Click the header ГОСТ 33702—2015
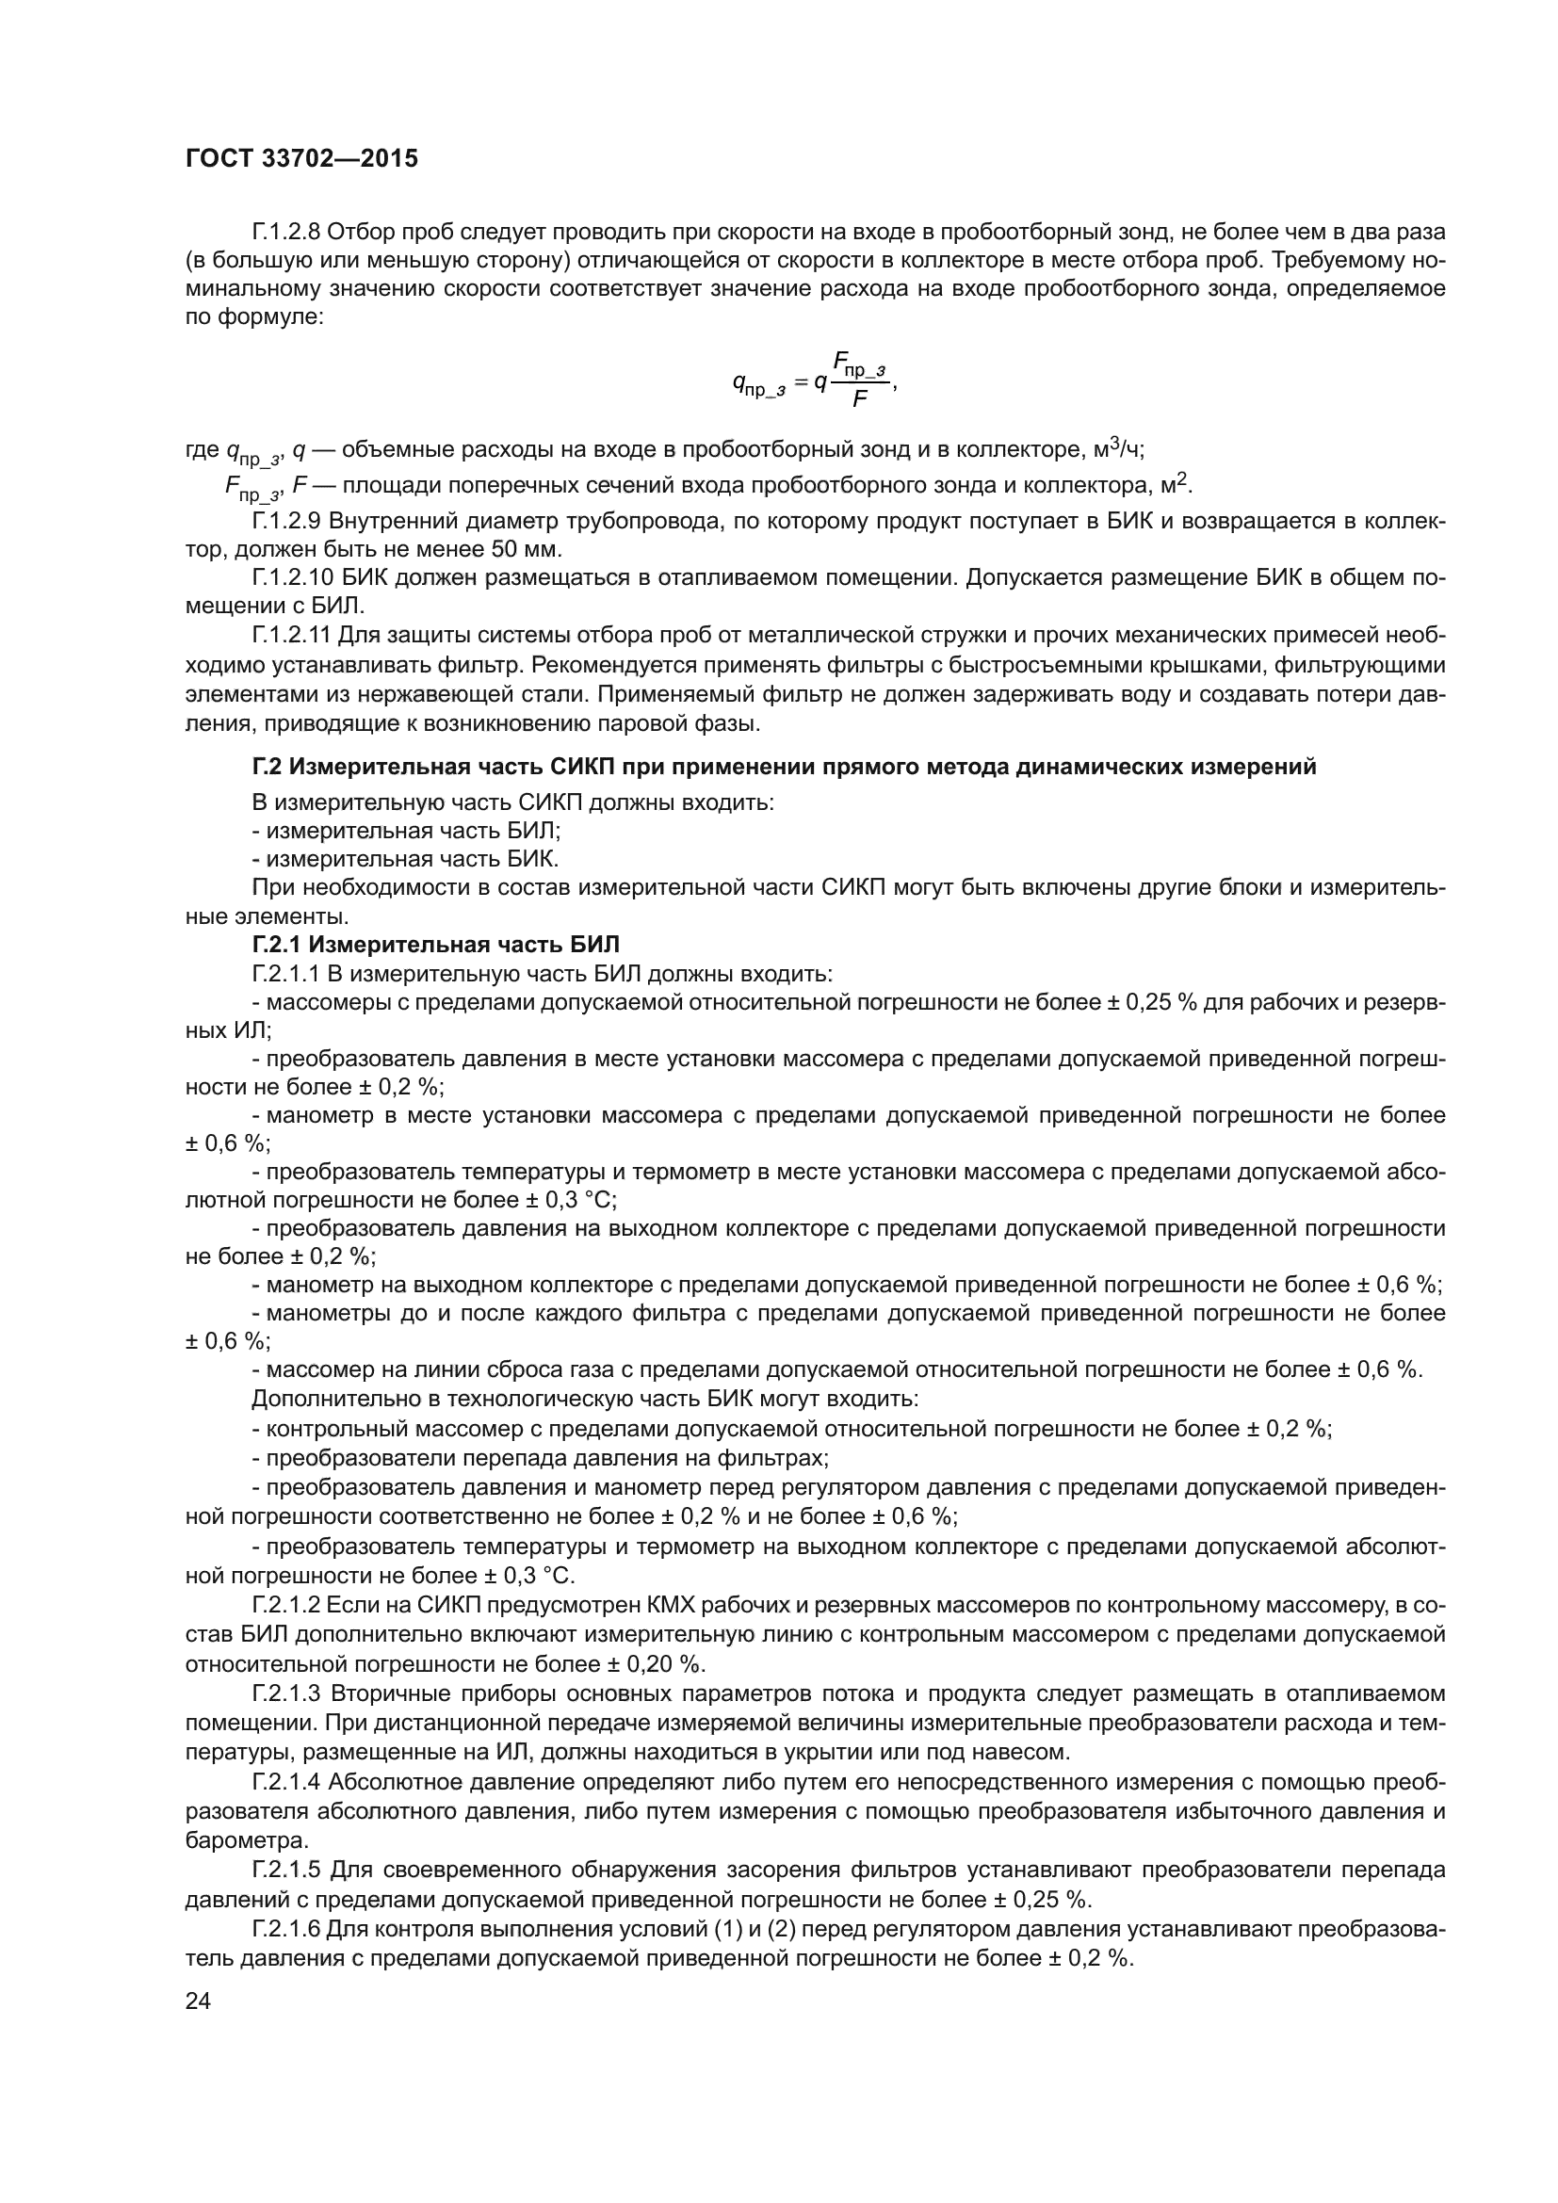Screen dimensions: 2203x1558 pyautogui.click(x=301, y=158)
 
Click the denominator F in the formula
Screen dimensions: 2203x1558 pyautogui.click(x=860, y=399)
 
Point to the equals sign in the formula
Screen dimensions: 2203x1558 pyautogui.click(x=800, y=381)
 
